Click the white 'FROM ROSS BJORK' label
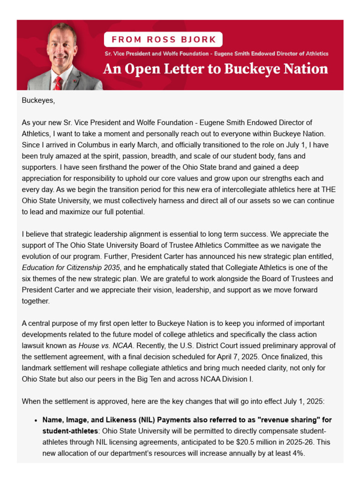coord(163,39)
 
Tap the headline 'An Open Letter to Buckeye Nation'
coord(215,69)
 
